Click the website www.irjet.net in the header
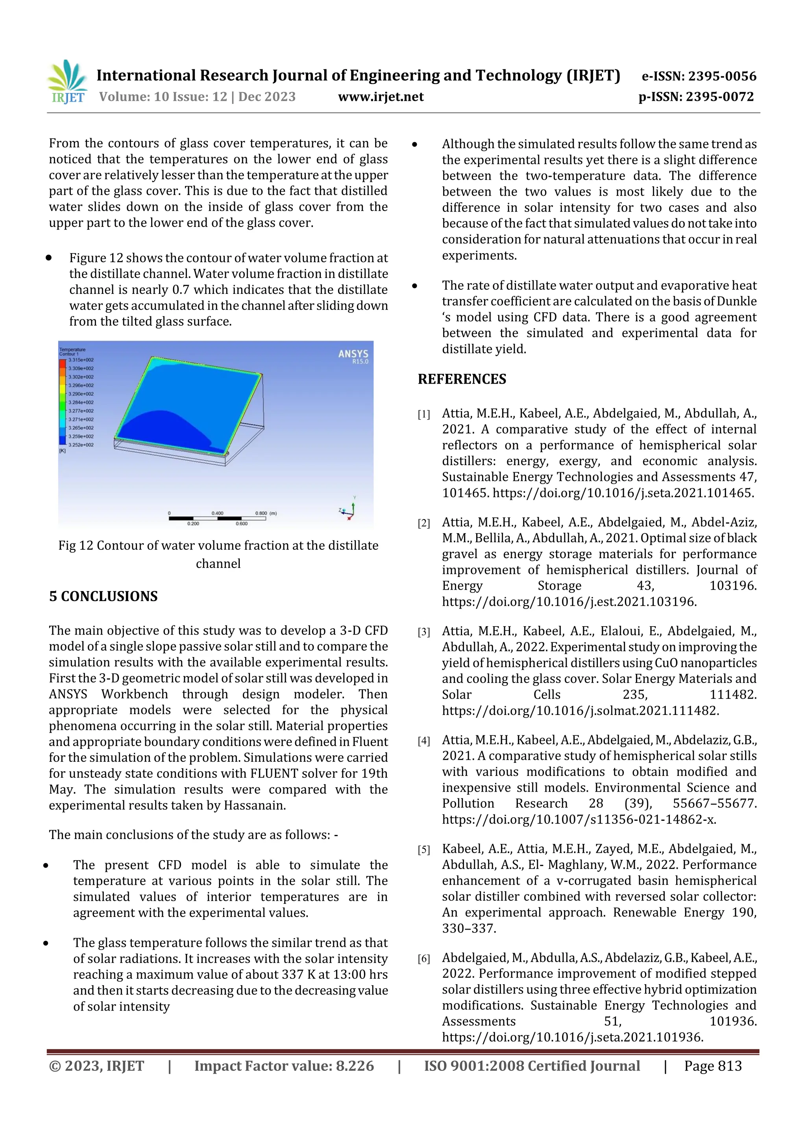381,97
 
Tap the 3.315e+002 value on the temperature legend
81,360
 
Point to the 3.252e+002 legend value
81,445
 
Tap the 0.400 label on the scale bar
217,513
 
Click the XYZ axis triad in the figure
349,510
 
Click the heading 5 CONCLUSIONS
103,596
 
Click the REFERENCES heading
462,379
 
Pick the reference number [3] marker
423,632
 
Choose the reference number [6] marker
423,959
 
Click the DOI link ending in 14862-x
579,820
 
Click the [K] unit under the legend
63,451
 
